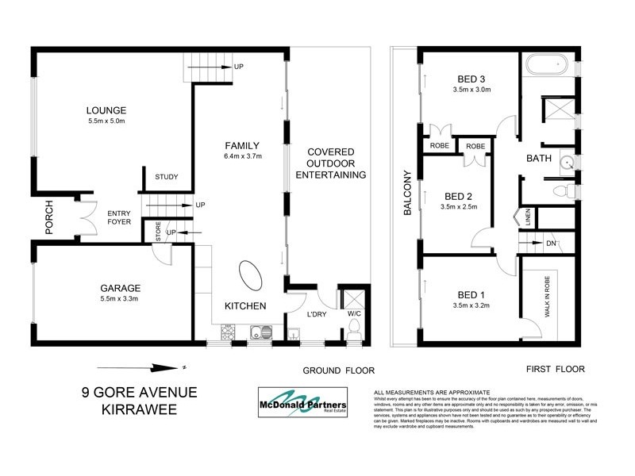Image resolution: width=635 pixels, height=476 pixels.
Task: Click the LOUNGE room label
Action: click(107, 110)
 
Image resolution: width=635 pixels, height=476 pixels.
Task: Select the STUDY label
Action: click(166, 177)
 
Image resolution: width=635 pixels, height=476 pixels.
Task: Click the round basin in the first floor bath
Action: click(566, 164)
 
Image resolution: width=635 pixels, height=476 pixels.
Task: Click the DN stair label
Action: click(551, 243)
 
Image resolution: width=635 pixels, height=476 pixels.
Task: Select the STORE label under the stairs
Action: click(158, 233)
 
